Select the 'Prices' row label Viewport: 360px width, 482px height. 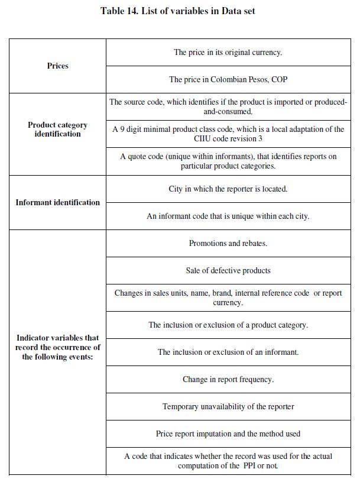57,66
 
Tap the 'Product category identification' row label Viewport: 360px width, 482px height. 57,130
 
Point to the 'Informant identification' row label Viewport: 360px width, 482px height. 57,202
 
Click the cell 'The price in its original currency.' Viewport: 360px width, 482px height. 228,52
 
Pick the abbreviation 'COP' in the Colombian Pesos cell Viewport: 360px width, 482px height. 279,79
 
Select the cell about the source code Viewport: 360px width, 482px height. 228,106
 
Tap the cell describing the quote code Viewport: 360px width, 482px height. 228,161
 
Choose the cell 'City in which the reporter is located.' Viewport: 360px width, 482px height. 228,189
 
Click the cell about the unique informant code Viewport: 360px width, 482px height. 228,216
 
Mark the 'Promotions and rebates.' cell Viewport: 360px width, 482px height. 228,243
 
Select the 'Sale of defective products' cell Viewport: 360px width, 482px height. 228,270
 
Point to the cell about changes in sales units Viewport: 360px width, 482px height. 228,297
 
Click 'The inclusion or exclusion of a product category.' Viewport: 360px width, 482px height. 228,325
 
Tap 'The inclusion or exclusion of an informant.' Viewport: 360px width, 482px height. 228,352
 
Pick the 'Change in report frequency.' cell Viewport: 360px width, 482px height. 228,379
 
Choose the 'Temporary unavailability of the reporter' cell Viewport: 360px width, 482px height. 228,406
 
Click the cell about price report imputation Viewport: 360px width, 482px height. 228,434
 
